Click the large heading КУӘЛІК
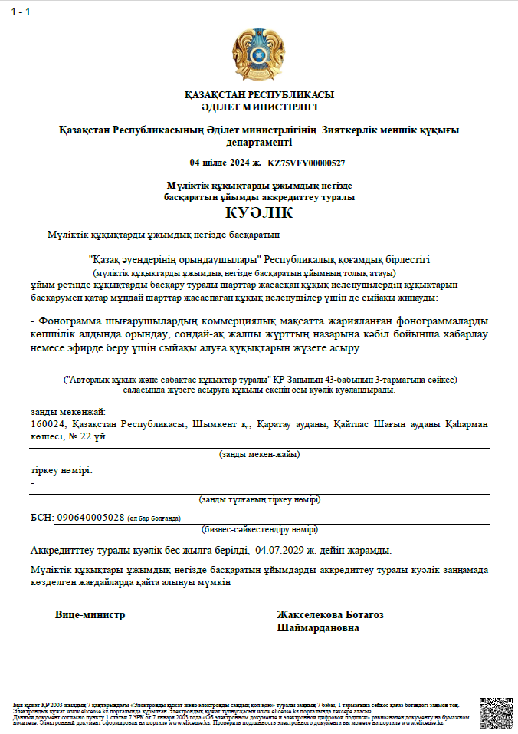259,212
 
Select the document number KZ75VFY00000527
306,163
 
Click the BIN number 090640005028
90,517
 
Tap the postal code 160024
48,424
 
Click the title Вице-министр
90,614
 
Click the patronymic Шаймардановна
318,627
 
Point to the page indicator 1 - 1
21,11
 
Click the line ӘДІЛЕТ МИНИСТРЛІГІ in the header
259,107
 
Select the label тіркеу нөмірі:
61,470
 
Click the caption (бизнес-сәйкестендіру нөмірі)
259,529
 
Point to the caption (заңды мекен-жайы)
259,454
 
